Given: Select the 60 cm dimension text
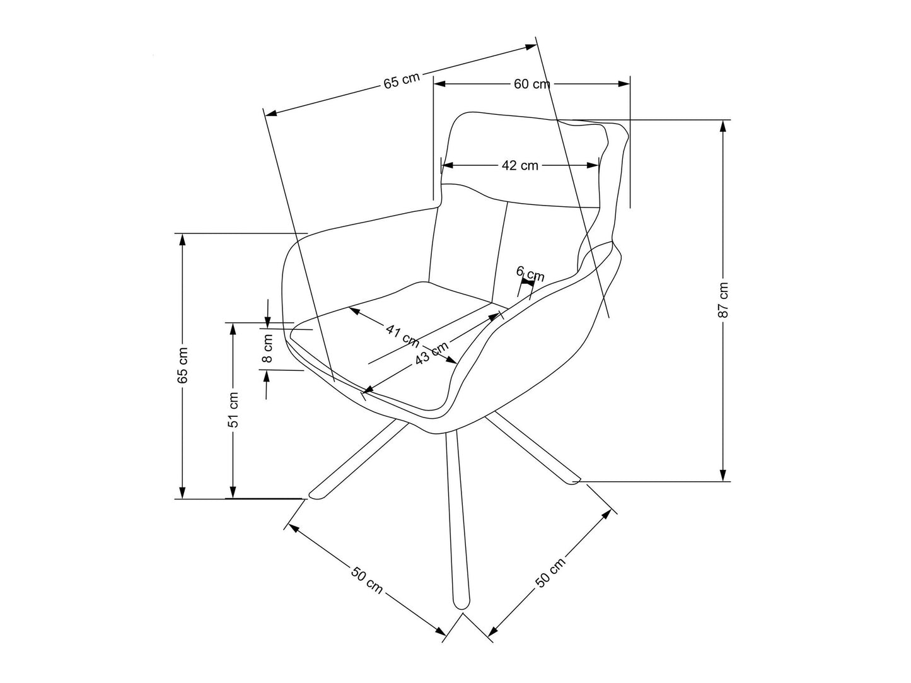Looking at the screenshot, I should click(531, 84).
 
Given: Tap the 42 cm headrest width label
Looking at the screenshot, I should click(520, 165).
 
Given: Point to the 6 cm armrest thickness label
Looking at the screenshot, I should click(530, 274).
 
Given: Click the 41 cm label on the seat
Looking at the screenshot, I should click(402, 334).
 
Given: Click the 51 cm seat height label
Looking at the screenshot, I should click(233, 410).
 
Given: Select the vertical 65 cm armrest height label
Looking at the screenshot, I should click(183, 365).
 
